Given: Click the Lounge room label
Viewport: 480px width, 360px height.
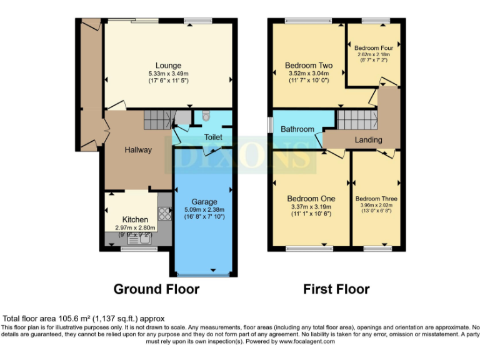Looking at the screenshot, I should pos(168,65).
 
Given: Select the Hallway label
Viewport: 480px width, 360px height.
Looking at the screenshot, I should pos(137,150).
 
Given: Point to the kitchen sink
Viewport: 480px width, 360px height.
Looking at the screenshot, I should pos(134,237).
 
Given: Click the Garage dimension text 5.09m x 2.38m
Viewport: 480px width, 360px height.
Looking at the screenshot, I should pos(204,209).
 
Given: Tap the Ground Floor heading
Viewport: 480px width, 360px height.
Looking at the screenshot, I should pos(156,289).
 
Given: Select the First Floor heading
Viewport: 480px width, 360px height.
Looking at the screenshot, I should pos(336,289).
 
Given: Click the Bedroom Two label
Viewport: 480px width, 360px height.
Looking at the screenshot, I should pos(308,65).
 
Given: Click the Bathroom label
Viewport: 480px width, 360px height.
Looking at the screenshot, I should pos(297,129).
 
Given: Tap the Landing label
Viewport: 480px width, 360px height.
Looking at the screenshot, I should pos(368,139).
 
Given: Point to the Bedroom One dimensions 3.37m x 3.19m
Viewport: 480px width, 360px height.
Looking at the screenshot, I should pos(310,207).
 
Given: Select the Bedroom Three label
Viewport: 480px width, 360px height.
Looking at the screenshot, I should pos(376,199).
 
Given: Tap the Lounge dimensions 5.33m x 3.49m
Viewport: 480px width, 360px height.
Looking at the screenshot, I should pos(168,73).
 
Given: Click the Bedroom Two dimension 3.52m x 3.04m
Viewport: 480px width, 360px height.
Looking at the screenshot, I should pos(308,73).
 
